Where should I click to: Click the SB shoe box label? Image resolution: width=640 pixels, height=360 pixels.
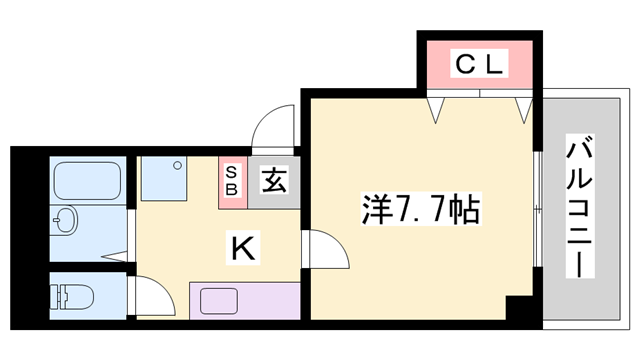[231, 181]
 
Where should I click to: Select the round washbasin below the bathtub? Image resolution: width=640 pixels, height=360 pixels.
[65, 219]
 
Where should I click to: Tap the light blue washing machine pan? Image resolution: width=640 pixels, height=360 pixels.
[164, 179]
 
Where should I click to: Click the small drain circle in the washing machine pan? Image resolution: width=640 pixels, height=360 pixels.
[179, 162]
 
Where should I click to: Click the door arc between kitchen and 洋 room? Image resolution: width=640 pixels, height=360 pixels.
[322, 249]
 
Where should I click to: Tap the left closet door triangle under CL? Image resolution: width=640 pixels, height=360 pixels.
[437, 108]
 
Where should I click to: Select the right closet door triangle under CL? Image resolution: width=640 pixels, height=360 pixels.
[522, 108]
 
